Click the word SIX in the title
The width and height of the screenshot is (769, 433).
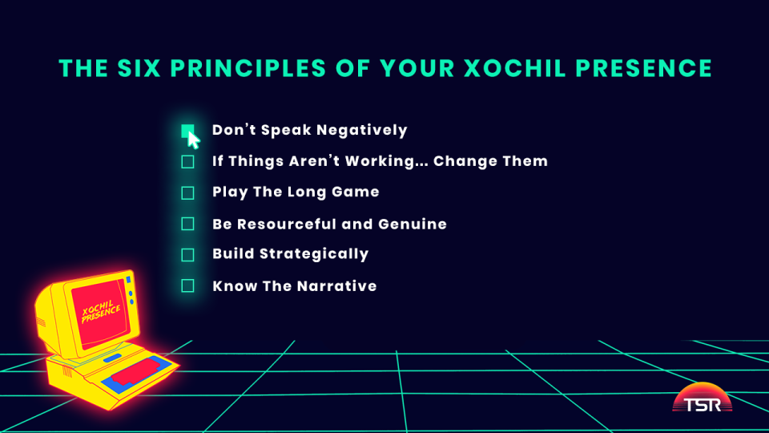(139, 68)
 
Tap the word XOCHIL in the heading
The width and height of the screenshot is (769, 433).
(514, 68)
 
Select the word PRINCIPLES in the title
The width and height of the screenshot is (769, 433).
(248, 68)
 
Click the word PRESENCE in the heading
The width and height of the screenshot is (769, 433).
(643, 68)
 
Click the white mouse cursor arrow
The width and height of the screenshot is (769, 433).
(193, 140)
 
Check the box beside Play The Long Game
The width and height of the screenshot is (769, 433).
(187, 193)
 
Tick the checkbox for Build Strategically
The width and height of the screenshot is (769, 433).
(187, 255)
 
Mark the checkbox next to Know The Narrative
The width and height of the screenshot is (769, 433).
(187, 285)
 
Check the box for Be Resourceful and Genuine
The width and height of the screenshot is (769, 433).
(187, 224)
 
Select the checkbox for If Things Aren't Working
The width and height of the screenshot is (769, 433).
(187, 162)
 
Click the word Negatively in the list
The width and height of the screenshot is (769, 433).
(362, 131)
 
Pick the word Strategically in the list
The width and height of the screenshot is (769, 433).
(314, 254)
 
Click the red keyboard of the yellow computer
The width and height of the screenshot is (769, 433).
(138, 371)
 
